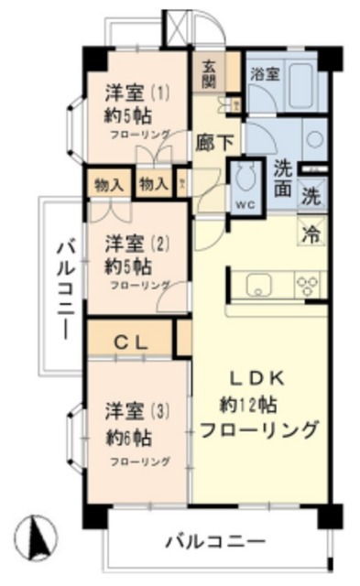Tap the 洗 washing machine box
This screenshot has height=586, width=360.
tap(312, 194)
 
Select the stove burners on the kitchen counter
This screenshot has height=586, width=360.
tap(306, 285)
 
